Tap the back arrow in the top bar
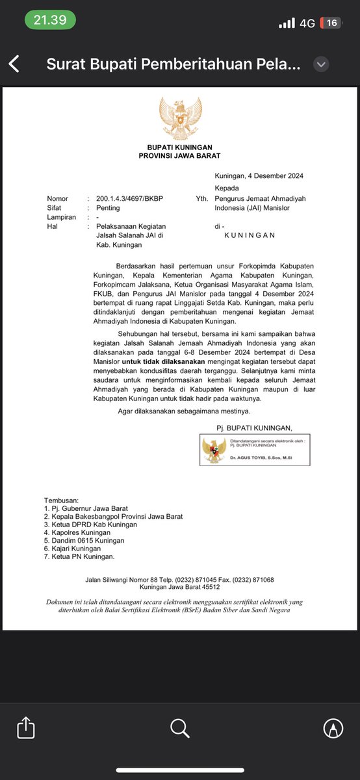[x=14, y=64]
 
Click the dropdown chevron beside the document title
[x=321, y=64]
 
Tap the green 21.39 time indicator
[x=50, y=20]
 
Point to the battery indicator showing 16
[x=331, y=23]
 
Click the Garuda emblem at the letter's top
[x=180, y=118]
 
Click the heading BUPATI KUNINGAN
[x=180, y=148]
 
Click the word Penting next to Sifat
[x=107, y=208]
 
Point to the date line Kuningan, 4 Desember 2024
[x=259, y=176]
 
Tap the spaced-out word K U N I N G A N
[x=250, y=235]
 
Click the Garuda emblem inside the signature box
[x=214, y=450]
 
